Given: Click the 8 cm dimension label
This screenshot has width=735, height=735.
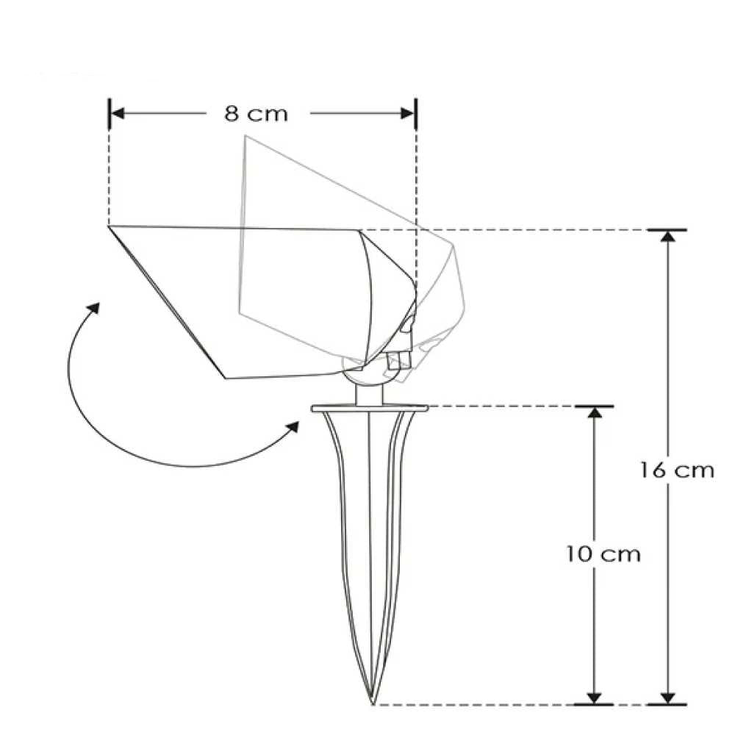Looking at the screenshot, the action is pyautogui.click(x=256, y=114).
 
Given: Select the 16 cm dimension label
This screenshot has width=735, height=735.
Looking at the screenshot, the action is pyautogui.click(x=678, y=470).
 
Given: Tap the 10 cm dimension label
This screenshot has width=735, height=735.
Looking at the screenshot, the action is pyautogui.click(x=603, y=554).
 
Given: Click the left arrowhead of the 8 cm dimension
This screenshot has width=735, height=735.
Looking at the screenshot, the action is pyautogui.click(x=117, y=113).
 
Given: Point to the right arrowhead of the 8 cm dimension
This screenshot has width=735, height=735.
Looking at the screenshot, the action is pyautogui.click(x=407, y=113).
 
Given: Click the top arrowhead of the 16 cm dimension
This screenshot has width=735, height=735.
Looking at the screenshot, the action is pyautogui.click(x=667, y=236).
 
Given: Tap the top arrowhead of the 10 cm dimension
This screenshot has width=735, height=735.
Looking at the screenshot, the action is pyautogui.click(x=594, y=412).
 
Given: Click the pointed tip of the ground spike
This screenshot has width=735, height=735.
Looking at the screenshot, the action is pyautogui.click(x=373, y=703).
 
